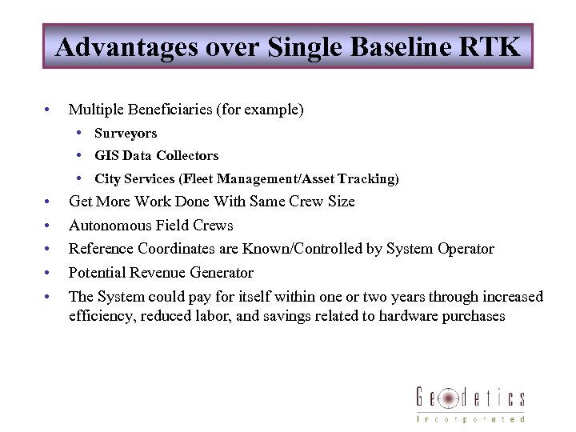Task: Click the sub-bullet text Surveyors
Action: click(126, 134)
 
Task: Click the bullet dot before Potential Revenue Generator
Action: click(49, 273)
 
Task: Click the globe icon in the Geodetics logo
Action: click(450, 398)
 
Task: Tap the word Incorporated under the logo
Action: click(470, 418)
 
